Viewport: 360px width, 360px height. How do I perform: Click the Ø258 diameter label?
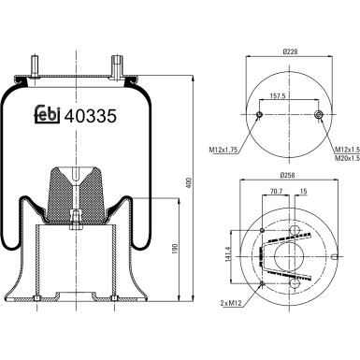pyautogui.click(x=290, y=176)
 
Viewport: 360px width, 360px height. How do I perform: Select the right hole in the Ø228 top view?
pyautogui.click(x=321, y=116)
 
